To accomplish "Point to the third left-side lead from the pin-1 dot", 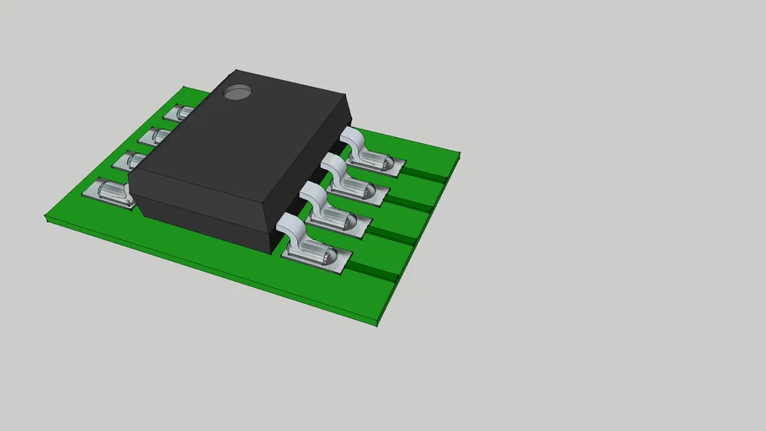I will (135, 160).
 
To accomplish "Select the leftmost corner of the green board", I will (47, 218).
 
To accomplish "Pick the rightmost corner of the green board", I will (459, 153).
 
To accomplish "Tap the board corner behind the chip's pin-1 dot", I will (187, 88).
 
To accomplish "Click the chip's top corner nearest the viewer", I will (270, 203).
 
